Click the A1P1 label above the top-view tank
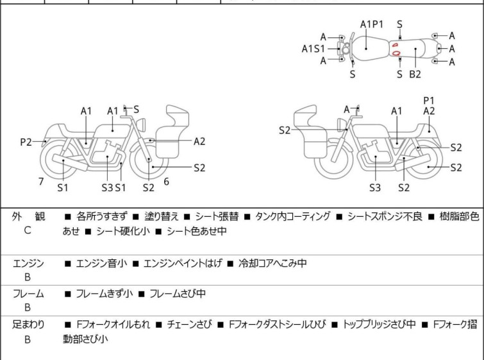point(372,24)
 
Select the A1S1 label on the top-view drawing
point(313,49)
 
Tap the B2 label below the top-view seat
point(415,74)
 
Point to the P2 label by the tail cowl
point(26,142)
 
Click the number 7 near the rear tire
point(41,182)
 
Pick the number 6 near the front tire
point(167,182)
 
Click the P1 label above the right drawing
point(429,101)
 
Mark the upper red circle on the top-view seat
point(395,45)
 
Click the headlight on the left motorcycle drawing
point(141,124)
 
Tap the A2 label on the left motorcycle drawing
point(199,142)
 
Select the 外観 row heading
point(28,216)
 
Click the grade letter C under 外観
point(28,230)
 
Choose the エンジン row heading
point(28,264)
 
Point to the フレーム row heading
point(28,293)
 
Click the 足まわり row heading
point(28,324)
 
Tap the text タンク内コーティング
point(292,216)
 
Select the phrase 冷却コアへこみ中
point(272,263)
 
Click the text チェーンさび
point(190,324)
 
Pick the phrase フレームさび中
point(178,293)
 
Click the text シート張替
point(217,216)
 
